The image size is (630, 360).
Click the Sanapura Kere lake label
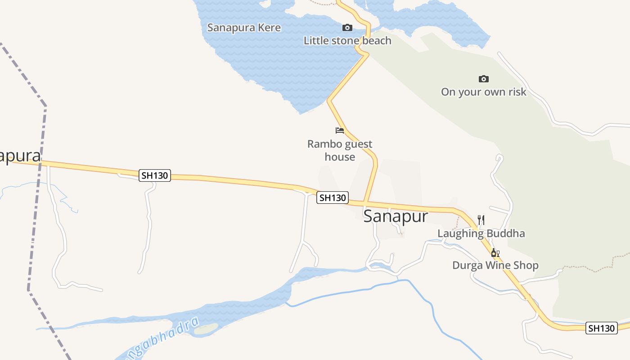pos(244,27)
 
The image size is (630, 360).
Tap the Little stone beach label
pos(347,40)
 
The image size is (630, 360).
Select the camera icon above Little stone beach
pos(347,28)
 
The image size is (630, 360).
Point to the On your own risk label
pos(483,92)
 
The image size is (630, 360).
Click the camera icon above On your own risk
pos(484,79)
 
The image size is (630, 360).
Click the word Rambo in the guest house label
pos(323,144)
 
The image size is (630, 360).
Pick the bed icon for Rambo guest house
pos(340,130)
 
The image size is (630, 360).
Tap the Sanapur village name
pos(396,216)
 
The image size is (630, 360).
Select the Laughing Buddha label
pos(481,233)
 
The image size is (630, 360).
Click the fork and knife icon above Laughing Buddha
pos(481,220)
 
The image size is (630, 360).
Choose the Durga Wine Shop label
pos(495,265)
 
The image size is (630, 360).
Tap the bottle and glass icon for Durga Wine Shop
pos(495,253)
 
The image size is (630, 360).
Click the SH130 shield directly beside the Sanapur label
pos(333,198)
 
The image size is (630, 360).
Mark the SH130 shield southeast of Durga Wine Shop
pos(601,328)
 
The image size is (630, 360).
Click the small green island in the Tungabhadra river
pos(206,329)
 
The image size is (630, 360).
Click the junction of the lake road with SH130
pos(365,203)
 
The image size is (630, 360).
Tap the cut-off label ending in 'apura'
pos(20,156)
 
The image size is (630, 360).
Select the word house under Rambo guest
pos(340,157)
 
